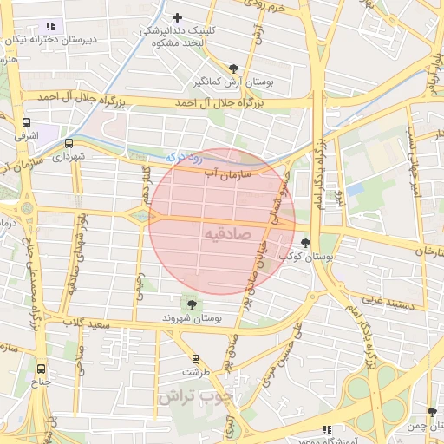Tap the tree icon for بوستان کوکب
coord(304,243)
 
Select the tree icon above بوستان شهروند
coord(189,304)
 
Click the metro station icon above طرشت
coord(195,357)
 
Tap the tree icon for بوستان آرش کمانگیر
coord(233,69)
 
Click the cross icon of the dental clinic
coord(178,17)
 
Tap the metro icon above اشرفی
coord(26,122)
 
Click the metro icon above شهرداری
coord(69,144)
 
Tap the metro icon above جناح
coord(42,367)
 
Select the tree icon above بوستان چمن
coord(431,412)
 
